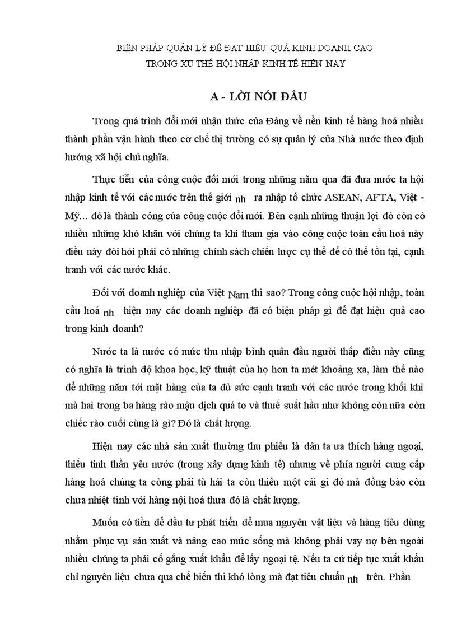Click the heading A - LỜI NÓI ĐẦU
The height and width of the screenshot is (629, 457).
[x=249, y=96]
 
